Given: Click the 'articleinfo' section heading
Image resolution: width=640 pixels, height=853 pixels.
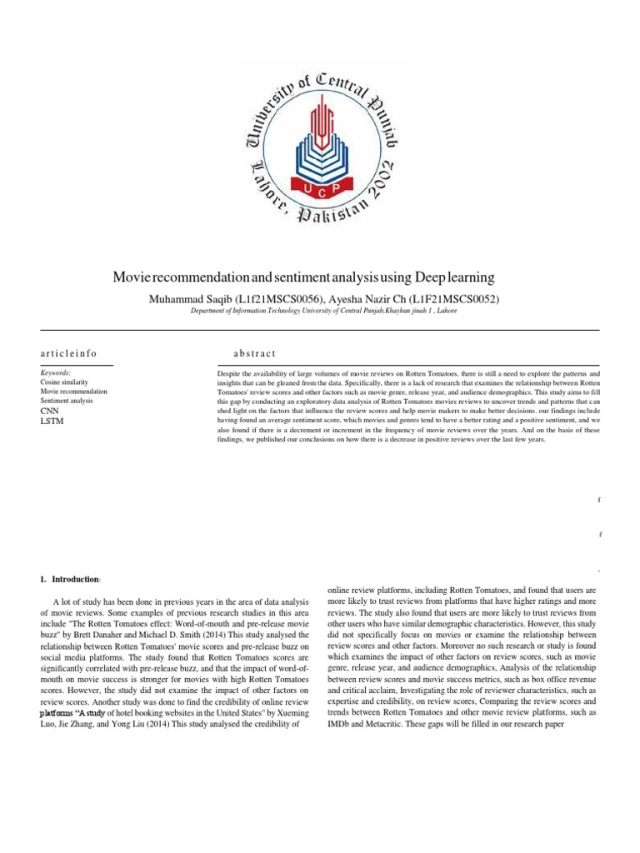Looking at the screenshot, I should [x=68, y=354].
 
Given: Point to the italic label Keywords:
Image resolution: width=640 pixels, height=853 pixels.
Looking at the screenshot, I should [x=56, y=373].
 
